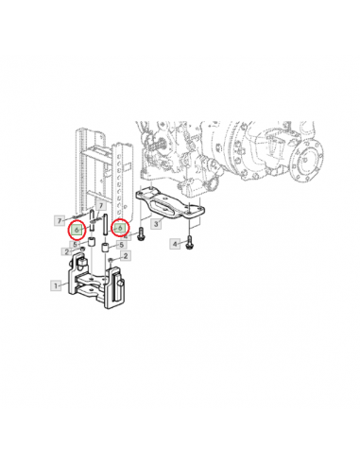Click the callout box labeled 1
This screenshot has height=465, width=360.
click(x=56, y=285)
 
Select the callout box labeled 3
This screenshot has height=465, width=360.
click(x=156, y=224)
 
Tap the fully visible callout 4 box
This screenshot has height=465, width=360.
click(x=175, y=244)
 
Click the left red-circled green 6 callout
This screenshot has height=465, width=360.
click(x=77, y=230)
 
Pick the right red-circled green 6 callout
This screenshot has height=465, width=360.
click(x=120, y=228)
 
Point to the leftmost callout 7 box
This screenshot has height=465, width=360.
click(x=60, y=220)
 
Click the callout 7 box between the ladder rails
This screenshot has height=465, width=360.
click(x=101, y=206)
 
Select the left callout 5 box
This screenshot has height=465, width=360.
click(x=75, y=245)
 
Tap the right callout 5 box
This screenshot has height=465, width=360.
click(x=122, y=245)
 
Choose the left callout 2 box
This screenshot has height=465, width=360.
click(x=66, y=251)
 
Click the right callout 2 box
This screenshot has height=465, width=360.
click(x=126, y=256)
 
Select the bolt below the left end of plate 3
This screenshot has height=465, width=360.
click(x=141, y=234)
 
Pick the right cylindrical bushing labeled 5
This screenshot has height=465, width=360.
click(x=105, y=247)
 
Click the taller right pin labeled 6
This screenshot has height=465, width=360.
click(x=105, y=224)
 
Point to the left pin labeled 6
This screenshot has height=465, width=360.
click(x=92, y=221)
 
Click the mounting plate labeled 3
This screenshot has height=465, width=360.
click(x=170, y=205)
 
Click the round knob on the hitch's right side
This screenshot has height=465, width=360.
click(x=120, y=284)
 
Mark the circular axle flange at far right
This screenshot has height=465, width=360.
click(x=307, y=160)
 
